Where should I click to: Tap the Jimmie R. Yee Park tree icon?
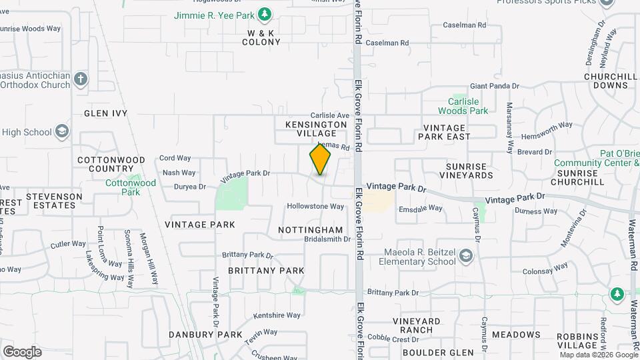click(265, 14)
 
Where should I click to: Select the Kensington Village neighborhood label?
click(316, 129)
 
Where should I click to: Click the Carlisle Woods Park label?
click(463, 106)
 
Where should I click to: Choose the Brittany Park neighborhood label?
click(266, 271)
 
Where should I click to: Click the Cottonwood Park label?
click(131, 187)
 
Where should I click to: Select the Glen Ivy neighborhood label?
click(105, 113)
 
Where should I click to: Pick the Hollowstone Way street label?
click(315, 207)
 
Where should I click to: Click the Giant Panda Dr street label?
click(494, 86)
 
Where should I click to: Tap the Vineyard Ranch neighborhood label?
click(417, 325)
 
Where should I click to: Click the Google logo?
click(22, 351)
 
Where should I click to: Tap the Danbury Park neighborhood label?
click(205, 334)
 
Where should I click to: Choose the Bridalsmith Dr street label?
click(327, 239)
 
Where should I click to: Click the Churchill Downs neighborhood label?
click(611, 81)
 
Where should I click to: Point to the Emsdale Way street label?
click(421, 208)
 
